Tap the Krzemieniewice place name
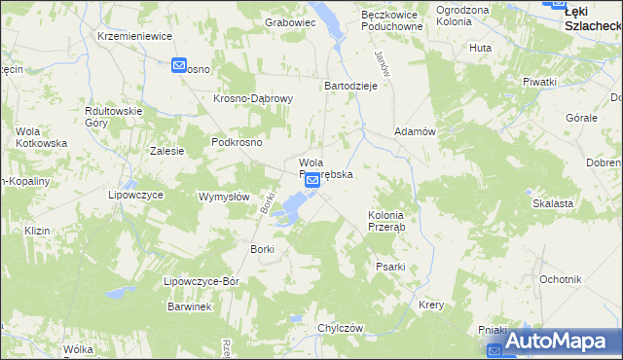134,35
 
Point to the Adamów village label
414,130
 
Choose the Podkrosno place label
237,141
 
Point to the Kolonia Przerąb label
392,220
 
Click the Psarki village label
389,266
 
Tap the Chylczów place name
340,328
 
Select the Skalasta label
552,203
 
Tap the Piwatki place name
538,82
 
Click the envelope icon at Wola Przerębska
311,181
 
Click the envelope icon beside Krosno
179,65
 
